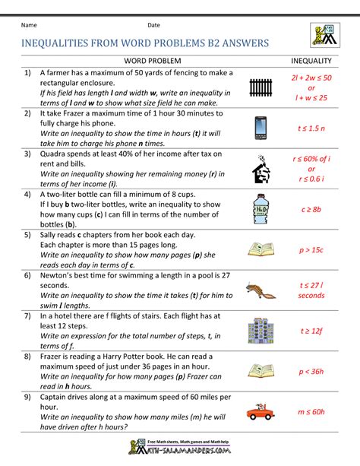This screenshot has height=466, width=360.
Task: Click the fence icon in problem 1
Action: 261,87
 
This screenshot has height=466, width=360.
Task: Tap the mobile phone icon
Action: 261,128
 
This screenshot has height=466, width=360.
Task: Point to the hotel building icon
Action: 261,330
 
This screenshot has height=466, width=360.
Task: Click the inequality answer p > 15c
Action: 311,249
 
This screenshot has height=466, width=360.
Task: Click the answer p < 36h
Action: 311,371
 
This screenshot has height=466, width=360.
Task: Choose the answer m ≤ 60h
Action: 311,412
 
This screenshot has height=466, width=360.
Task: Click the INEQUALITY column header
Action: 311,59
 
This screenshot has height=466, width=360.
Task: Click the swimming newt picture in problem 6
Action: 261,289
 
